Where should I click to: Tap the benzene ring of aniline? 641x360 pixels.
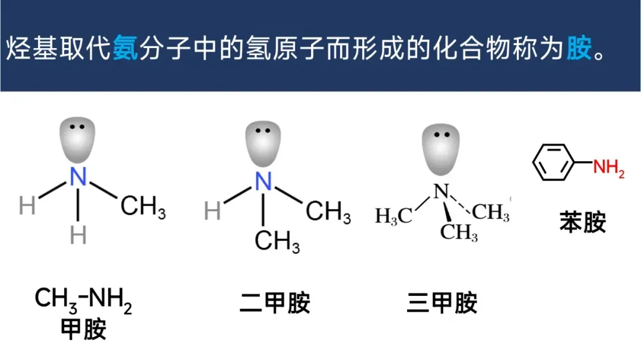click(554, 163)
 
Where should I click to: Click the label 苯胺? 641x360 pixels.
click(582, 223)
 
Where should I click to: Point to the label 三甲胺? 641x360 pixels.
click(442, 304)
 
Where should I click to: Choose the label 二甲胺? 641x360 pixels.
click(275, 304)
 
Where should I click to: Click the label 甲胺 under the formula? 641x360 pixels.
click(84, 330)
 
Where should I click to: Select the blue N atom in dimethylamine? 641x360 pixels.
click(264, 181)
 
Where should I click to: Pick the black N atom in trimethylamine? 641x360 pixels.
click(440, 191)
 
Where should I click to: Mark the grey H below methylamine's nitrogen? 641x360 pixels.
click(78, 235)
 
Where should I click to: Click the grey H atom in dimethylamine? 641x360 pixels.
click(212, 211)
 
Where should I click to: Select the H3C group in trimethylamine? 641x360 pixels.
click(394, 216)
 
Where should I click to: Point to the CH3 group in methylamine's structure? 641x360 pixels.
click(143, 208)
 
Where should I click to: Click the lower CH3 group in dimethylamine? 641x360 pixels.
click(277, 242)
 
